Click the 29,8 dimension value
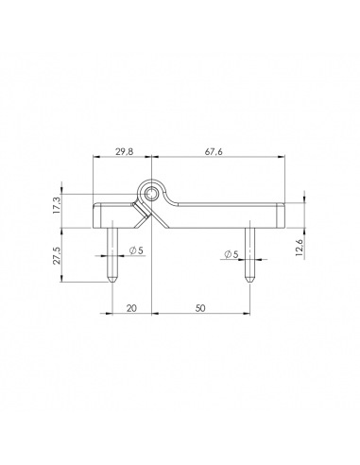tap(123, 149)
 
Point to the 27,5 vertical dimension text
tap(58, 254)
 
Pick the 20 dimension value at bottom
tap(131, 307)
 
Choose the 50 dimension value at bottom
tap(201, 307)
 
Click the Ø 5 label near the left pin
tap(134, 250)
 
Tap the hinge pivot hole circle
tap(151, 193)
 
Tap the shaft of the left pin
tap(111, 250)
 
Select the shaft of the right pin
tap(250, 250)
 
